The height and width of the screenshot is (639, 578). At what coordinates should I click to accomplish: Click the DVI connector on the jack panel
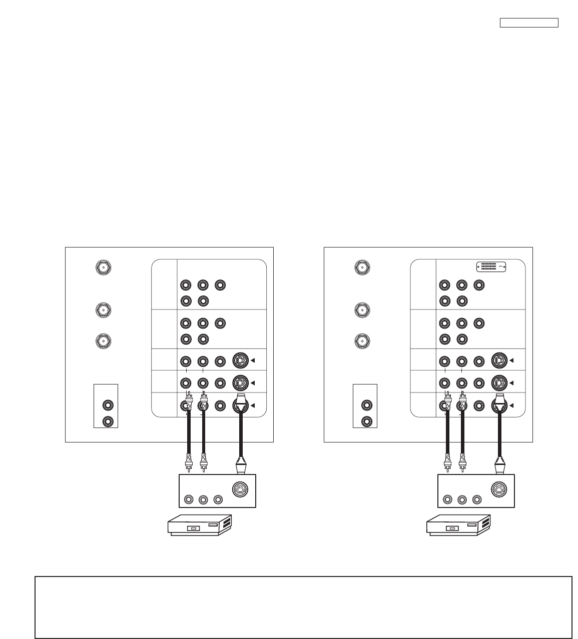click(492, 267)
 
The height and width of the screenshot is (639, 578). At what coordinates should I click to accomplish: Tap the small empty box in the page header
click(529, 22)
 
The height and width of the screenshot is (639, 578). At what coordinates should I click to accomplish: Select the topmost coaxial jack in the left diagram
click(103, 267)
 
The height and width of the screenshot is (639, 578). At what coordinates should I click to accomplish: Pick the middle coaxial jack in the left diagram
click(103, 310)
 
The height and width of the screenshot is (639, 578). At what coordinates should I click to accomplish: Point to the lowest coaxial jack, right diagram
click(362, 341)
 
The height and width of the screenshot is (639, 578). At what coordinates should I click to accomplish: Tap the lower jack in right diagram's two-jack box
click(367, 421)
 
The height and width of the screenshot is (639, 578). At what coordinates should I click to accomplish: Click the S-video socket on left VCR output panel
click(241, 489)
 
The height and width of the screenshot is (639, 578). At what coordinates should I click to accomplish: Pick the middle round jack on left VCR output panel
click(203, 499)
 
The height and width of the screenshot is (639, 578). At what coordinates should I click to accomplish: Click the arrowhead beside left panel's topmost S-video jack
click(253, 360)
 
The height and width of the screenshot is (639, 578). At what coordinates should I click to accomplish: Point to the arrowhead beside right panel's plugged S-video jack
click(512, 405)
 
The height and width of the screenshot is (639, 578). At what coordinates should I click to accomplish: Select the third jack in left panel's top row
click(219, 285)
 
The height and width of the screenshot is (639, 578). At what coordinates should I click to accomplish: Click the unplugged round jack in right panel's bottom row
click(479, 405)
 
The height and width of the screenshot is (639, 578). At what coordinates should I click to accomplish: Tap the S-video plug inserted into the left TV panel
click(241, 403)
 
